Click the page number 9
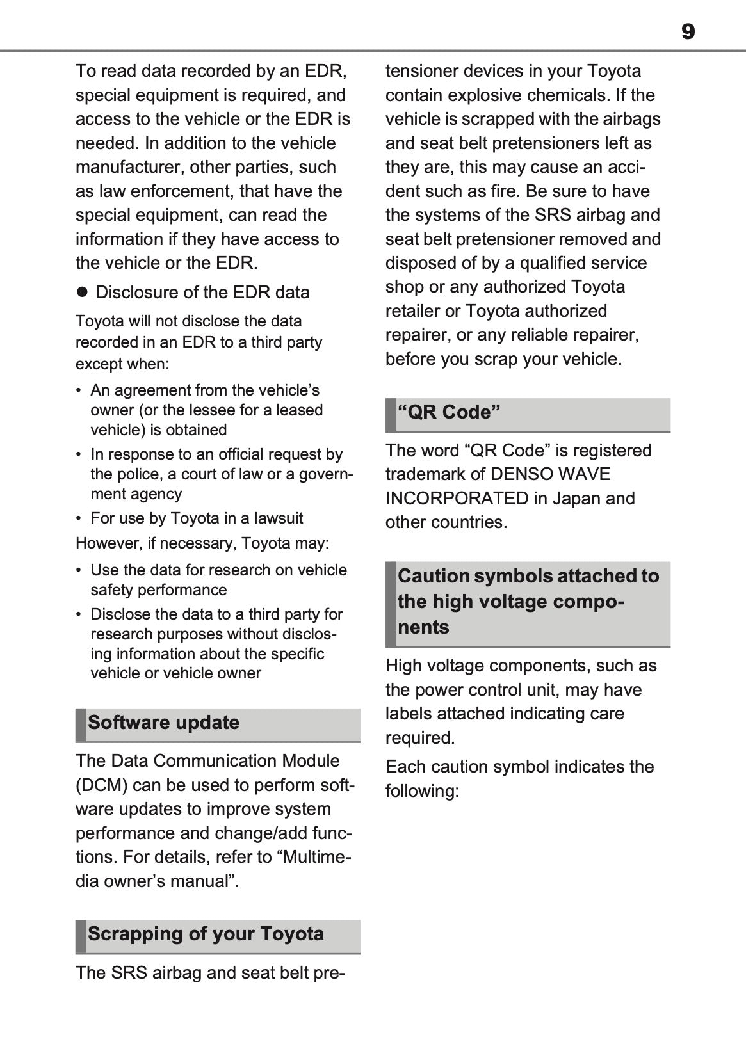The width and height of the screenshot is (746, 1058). pos(688,31)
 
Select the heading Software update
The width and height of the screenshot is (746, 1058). pos(163,723)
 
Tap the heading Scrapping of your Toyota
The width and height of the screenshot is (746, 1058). pos(206,934)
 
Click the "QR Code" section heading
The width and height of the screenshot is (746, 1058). pos(448,412)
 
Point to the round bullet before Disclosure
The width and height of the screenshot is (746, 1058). pos(81,292)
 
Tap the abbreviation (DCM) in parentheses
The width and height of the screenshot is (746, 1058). pos(101,785)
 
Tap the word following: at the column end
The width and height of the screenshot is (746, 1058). pos(422,791)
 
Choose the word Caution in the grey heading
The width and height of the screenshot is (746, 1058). pos(434,576)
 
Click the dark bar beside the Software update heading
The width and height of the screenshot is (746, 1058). pos(80,725)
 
